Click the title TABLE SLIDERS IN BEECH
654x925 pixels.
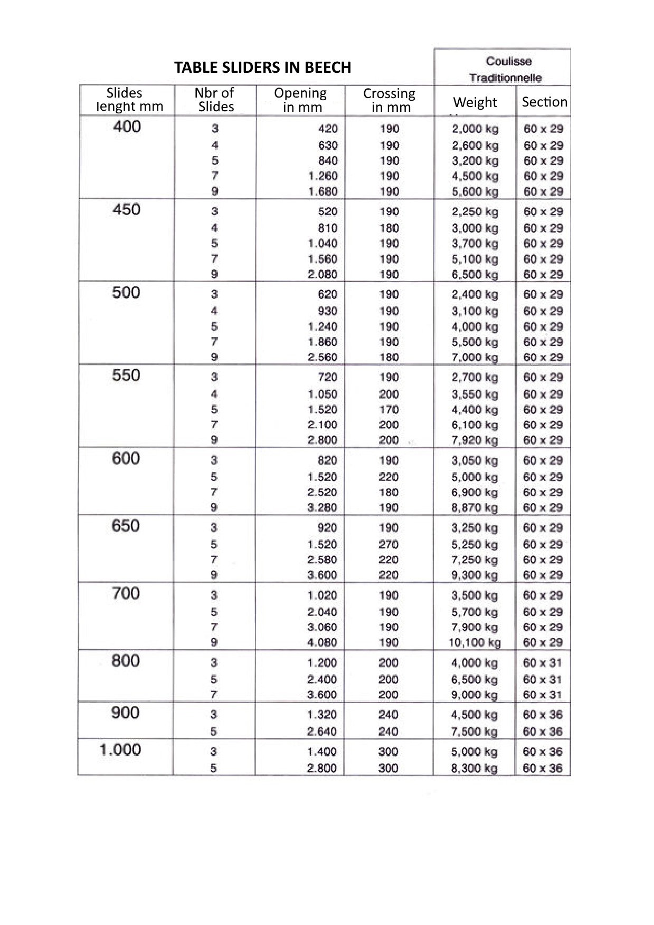click(262, 68)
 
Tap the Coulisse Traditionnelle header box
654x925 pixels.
click(505, 69)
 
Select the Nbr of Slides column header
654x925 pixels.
click(215, 100)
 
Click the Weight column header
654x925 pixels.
click(475, 102)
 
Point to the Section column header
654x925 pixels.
click(544, 102)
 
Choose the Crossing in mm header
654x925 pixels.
click(390, 100)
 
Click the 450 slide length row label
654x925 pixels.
click(126, 210)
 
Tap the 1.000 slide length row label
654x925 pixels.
click(120, 750)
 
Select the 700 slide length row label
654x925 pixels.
click(126, 594)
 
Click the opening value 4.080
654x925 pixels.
click(322, 642)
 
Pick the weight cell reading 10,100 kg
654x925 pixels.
click(474, 642)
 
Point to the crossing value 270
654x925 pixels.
click(388, 544)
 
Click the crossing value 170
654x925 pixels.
click(389, 409)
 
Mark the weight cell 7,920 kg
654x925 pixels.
click(475, 440)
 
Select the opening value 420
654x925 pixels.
click(328, 129)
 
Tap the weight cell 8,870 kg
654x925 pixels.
click(475, 507)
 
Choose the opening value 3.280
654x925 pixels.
click(322, 507)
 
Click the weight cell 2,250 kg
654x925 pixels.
click(475, 211)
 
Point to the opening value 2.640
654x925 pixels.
click(322, 731)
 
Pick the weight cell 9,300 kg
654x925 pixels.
click(475, 575)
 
